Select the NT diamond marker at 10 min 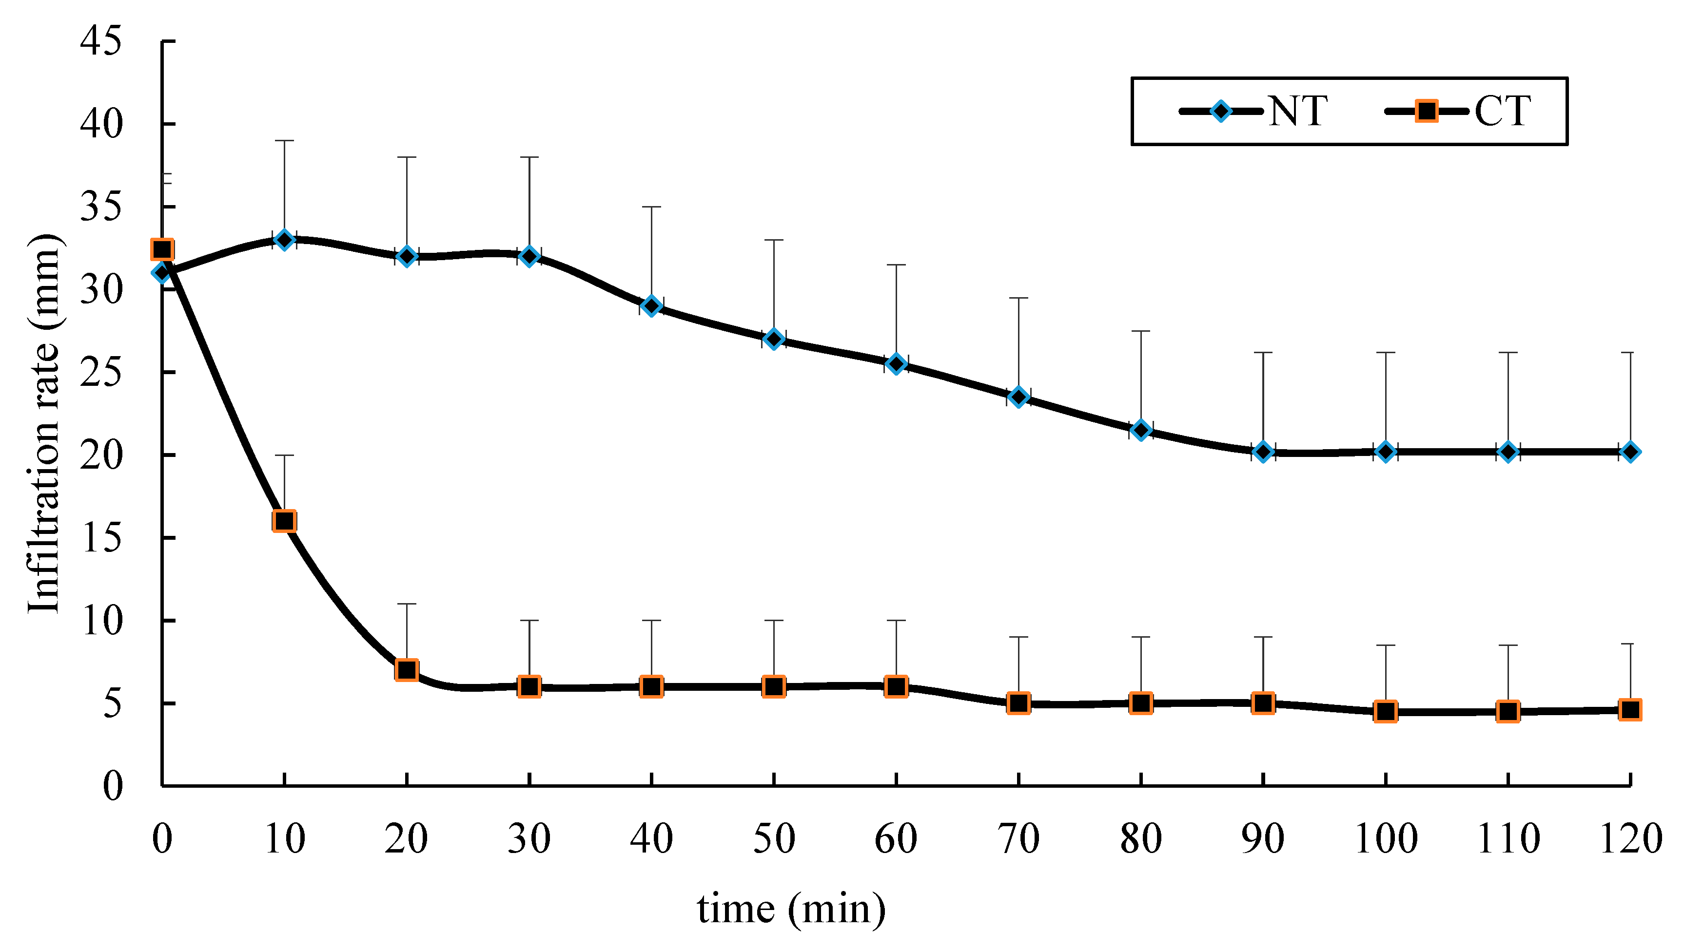tap(284, 240)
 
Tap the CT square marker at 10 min tap(284, 521)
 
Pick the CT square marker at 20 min tap(407, 670)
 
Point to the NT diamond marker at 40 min tap(651, 306)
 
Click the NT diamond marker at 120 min tap(1630, 452)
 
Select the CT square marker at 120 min tap(1630, 709)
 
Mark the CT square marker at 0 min tap(162, 249)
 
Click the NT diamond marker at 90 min tap(1263, 452)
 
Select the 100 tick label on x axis tap(1385, 839)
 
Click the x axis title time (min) tap(791, 909)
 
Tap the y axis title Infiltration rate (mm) tap(44, 423)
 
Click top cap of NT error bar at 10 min tap(284, 140)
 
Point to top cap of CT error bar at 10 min tap(284, 455)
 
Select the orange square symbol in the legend tap(1427, 111)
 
